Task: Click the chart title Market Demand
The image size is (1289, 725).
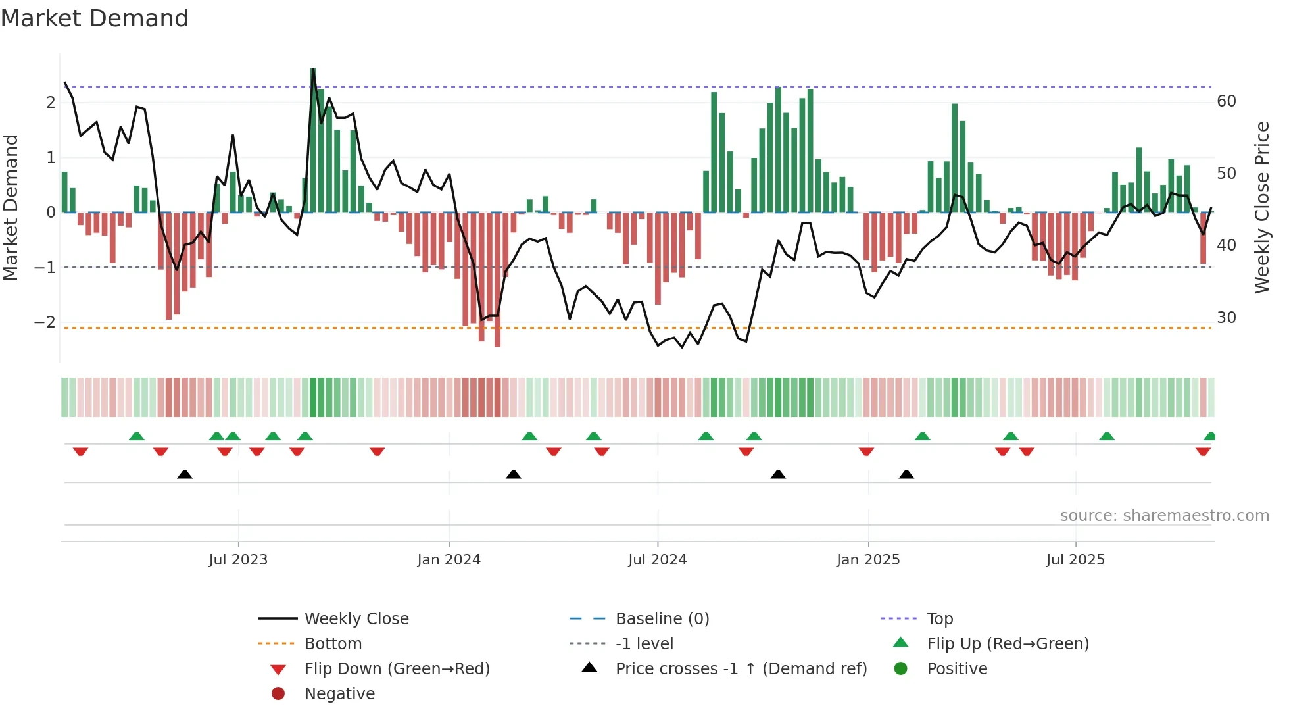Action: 95,18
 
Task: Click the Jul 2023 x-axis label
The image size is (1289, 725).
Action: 238,560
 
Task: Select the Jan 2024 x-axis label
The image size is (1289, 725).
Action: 449,560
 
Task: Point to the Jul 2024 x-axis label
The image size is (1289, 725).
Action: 657,560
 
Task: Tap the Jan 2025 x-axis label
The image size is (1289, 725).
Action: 868,560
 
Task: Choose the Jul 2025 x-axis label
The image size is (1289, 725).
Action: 1075,560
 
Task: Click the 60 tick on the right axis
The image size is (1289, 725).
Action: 1226,101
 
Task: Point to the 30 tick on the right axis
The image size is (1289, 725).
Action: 1226,318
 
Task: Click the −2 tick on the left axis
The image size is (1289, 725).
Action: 45,322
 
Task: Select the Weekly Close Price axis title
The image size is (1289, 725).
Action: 1261,207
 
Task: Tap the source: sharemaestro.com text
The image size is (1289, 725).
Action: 1164,516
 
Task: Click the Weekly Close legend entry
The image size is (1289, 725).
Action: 356,619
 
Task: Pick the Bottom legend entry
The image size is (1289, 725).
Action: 333,644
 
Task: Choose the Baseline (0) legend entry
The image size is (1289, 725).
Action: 662,619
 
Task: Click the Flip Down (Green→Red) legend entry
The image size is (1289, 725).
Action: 397,669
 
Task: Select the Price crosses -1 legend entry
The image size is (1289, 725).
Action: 741,669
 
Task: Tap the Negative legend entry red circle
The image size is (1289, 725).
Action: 278,694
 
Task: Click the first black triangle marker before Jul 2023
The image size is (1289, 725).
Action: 185,474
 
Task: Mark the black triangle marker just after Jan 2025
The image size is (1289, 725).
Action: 906,474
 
